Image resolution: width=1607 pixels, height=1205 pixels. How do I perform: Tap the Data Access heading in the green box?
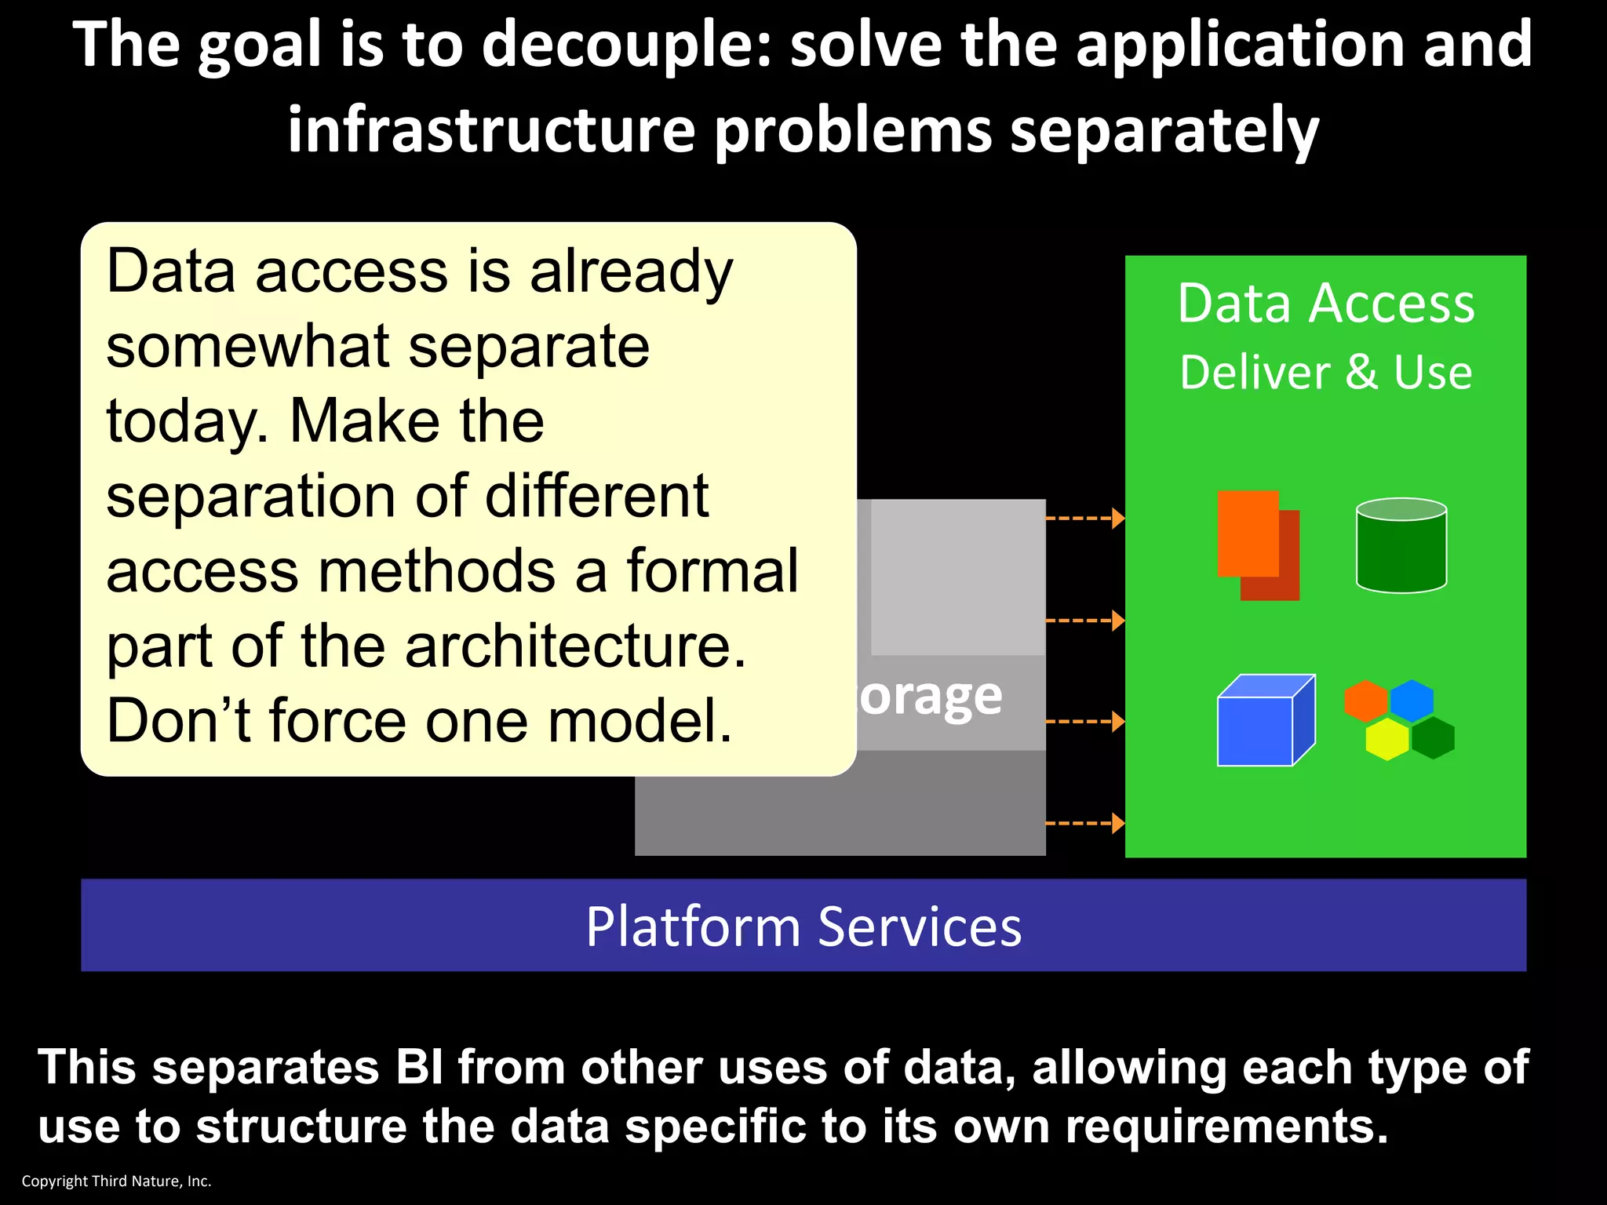1325,304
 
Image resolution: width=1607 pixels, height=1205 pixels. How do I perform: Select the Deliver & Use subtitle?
1325,372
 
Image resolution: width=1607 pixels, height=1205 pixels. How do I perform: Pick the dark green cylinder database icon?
1401,546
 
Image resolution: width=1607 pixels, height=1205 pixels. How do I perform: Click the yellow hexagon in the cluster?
1387,739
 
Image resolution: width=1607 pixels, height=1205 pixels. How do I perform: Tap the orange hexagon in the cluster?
1366,700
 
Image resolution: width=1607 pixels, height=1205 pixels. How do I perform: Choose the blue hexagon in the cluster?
1412,700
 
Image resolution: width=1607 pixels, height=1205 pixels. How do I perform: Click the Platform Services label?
803,927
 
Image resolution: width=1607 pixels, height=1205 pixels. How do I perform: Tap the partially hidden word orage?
931,697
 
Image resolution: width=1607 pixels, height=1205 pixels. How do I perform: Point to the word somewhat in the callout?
248,347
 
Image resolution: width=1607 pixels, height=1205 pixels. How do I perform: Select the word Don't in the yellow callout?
178,721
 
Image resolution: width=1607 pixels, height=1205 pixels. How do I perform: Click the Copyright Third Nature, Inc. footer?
116,1181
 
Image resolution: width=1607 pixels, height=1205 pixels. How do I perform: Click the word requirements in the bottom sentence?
1226,1126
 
